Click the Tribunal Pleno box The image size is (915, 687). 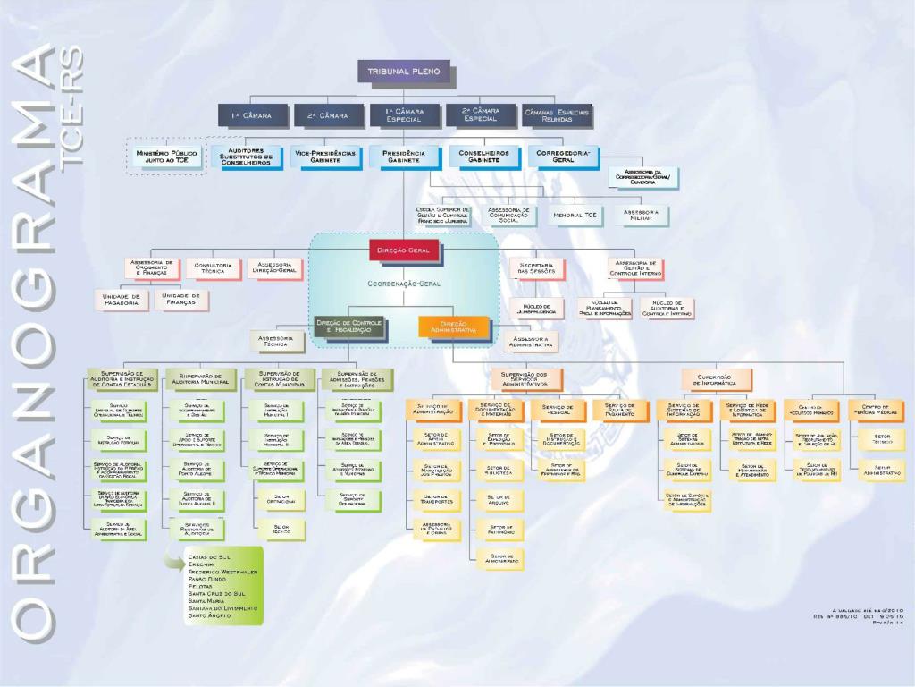tap(404, 72)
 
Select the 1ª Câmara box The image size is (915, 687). tap(252, 115)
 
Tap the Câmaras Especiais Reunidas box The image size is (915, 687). tap(557, 115)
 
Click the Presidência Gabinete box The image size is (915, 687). tap(404, 157)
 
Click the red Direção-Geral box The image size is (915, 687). tap(406, 250)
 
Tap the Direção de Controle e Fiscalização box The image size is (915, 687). tap(349, 327)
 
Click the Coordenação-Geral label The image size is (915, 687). tap(404, 284)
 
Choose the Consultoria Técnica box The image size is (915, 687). tap(214, 268)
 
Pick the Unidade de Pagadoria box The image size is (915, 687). tap(122, 300)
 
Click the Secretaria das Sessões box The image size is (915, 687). tap(537, 268)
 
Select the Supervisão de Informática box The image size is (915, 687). tap(715, 380)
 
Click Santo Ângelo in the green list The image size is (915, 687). tap(210, 615)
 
